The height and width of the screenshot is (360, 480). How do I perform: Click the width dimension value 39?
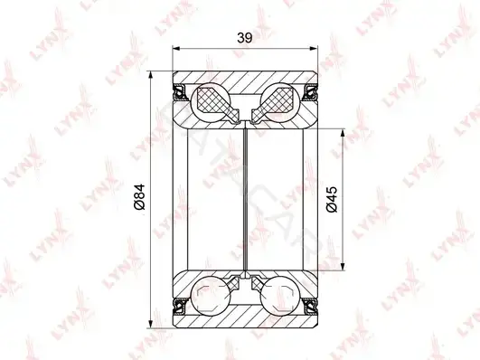coord(245,38)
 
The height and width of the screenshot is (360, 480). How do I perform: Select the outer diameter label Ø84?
coord(139,197)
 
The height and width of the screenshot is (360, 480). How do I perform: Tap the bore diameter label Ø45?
coord(332,199)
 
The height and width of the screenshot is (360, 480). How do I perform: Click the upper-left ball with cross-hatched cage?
coord(211,102)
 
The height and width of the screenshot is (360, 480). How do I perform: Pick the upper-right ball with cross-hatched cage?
coord(280,102)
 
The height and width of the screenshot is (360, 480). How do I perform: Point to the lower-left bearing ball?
coord(211,296)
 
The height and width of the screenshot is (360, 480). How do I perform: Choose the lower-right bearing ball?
coord(280,296)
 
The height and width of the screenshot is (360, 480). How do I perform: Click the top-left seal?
coord(180,92)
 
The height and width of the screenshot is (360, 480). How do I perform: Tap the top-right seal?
coord(310,92)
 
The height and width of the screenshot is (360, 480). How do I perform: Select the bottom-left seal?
coord(180,306)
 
